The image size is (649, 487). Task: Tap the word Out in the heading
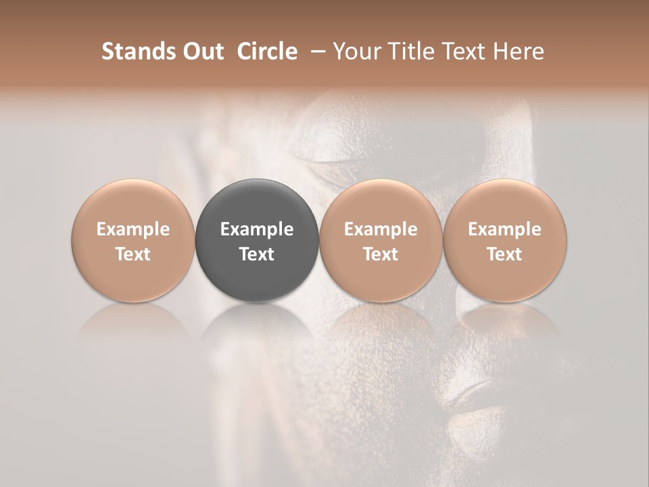coord(201,51)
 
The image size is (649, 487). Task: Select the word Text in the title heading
coord(465,51)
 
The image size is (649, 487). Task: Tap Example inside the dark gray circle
coord(257,229)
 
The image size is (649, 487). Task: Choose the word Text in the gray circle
coord(257,254)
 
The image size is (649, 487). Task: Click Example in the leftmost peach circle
coord(133,229)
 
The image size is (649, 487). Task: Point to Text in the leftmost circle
coord(133,254)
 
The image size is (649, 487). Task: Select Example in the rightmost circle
coord(504,229)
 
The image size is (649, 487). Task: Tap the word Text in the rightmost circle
coord(504,254)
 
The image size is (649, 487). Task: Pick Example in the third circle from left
coord(381,229)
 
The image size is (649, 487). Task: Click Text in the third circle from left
coord(381,254)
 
